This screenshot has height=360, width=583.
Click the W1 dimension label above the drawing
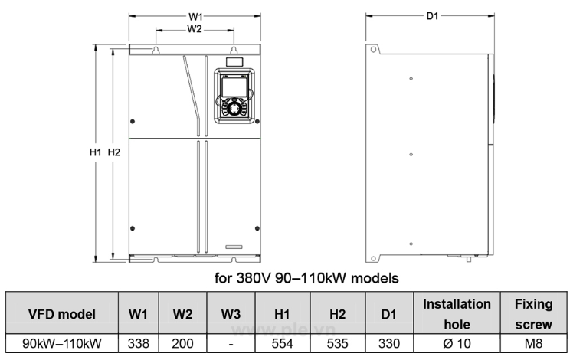[195, 16]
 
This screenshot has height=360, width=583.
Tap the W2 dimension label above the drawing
[195, 29]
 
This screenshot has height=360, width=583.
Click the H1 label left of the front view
[96, 152]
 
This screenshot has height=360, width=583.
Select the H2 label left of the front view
[114, 152]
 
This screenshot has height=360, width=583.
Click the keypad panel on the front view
[233, 97]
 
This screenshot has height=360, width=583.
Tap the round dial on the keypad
[233, 110]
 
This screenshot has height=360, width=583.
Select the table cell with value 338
[138, 344]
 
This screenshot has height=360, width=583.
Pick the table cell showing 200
[182, 344]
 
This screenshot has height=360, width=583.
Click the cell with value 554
[283, 344]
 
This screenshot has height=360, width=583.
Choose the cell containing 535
[337, 344]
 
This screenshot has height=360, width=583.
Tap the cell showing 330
[389, 344]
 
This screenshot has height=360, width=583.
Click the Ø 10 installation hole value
[457, 344]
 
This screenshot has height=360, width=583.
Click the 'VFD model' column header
[62, 314]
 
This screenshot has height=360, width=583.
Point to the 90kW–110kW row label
[62, 344]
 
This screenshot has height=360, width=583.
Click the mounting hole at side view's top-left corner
[374, 51]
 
